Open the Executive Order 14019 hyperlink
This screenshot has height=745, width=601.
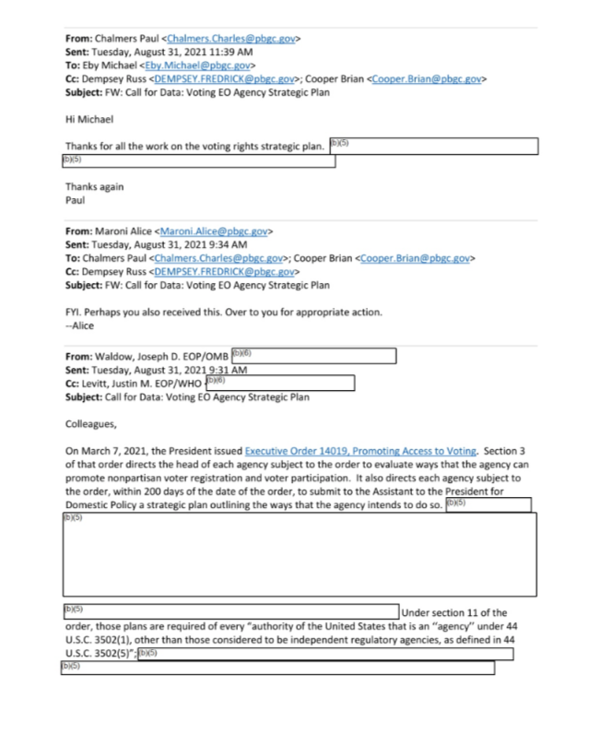click(x=361, y=450)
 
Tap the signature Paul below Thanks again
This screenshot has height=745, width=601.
click(x=75, y=199)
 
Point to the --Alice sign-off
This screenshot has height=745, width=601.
click(x=81, y=325)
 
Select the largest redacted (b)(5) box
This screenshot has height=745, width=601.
click(x=299, y=553)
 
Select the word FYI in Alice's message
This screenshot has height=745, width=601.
click(x=75, y=312)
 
